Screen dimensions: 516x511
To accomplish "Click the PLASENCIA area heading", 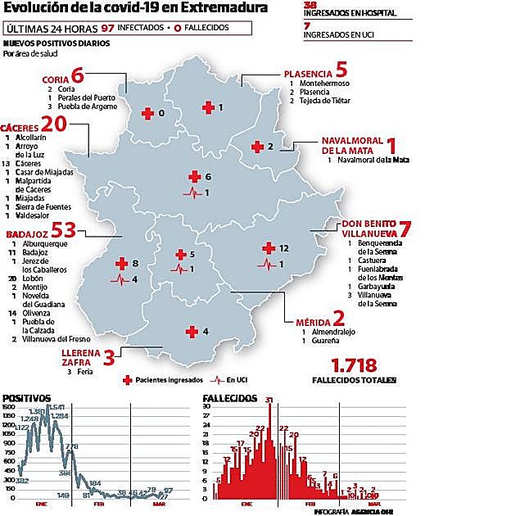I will (x=308, y=74).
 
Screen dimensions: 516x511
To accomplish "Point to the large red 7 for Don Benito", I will (x=404, y=229).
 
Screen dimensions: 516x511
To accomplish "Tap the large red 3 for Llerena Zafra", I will (x=110, y=355).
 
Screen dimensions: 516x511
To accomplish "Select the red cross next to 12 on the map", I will (x=267, y=247).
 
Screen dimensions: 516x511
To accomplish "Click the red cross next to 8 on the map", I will (x=121, y=263).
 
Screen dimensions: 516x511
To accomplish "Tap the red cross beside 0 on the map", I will (x=147, y=113).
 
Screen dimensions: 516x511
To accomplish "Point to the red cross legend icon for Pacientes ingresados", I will (x=127, y=380).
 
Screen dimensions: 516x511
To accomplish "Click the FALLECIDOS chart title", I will (x=231, y=397).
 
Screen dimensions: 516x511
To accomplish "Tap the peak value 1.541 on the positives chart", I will (x=57, y=407).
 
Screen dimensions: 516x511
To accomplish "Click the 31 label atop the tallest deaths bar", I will (x=269, y=400).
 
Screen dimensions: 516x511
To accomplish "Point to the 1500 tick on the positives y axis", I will (x=8, y=407).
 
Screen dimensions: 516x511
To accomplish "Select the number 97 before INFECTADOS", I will (x=106, y=27).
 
